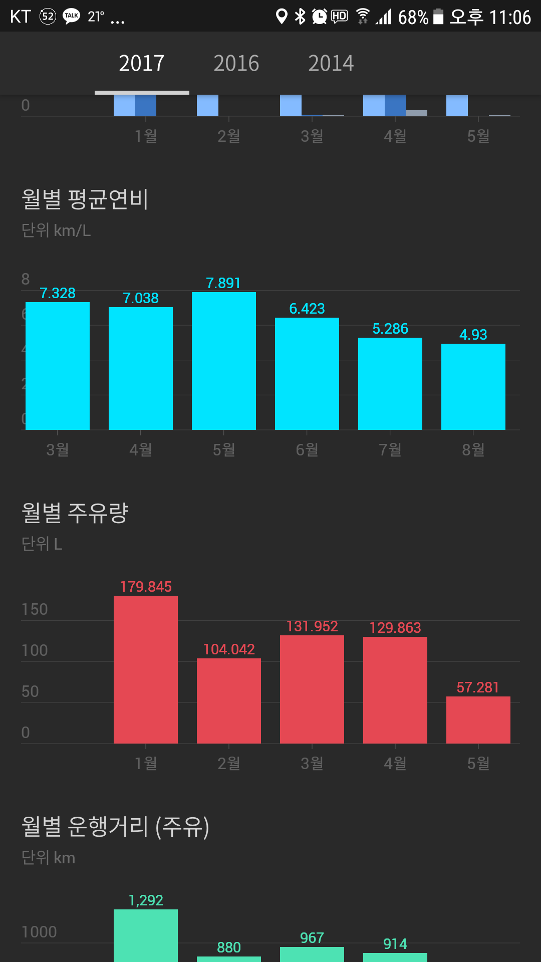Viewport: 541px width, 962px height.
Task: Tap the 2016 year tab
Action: click(x=236, y=64)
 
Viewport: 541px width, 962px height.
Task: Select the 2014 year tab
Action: click(x=331, y=64)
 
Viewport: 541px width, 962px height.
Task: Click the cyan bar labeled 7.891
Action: click(x=224, y=361)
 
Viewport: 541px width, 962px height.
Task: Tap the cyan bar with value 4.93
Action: click(x=473, y=386)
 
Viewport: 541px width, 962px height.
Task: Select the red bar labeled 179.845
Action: click(x=146, y=669)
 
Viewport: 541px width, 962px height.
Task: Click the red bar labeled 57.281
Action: click(x=478, y=719)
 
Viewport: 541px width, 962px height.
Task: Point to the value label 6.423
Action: click(x=307, y=309)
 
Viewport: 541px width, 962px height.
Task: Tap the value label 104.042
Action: click(x=229, y=649)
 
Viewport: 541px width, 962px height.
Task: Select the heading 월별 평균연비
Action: click(x=85, y=199)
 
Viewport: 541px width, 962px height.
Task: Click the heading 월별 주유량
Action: click(x=75, y=513)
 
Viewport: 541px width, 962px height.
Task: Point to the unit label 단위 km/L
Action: click(x=56, y=230)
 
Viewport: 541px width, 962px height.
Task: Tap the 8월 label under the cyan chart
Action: click(x=473, y=449)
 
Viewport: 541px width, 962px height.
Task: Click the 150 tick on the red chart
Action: click(x=35, y=609)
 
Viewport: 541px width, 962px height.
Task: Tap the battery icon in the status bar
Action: click(x=438, y=17)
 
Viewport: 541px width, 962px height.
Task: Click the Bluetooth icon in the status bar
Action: click(x=300, y=17)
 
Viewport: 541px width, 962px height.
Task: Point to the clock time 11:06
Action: click(x=510, y=18)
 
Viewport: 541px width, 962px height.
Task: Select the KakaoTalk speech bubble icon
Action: click(x=72, y=17)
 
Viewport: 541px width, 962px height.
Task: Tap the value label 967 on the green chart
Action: click(x=312, y=938)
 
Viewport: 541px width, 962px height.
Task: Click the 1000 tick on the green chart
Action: click(x=39, y=932)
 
